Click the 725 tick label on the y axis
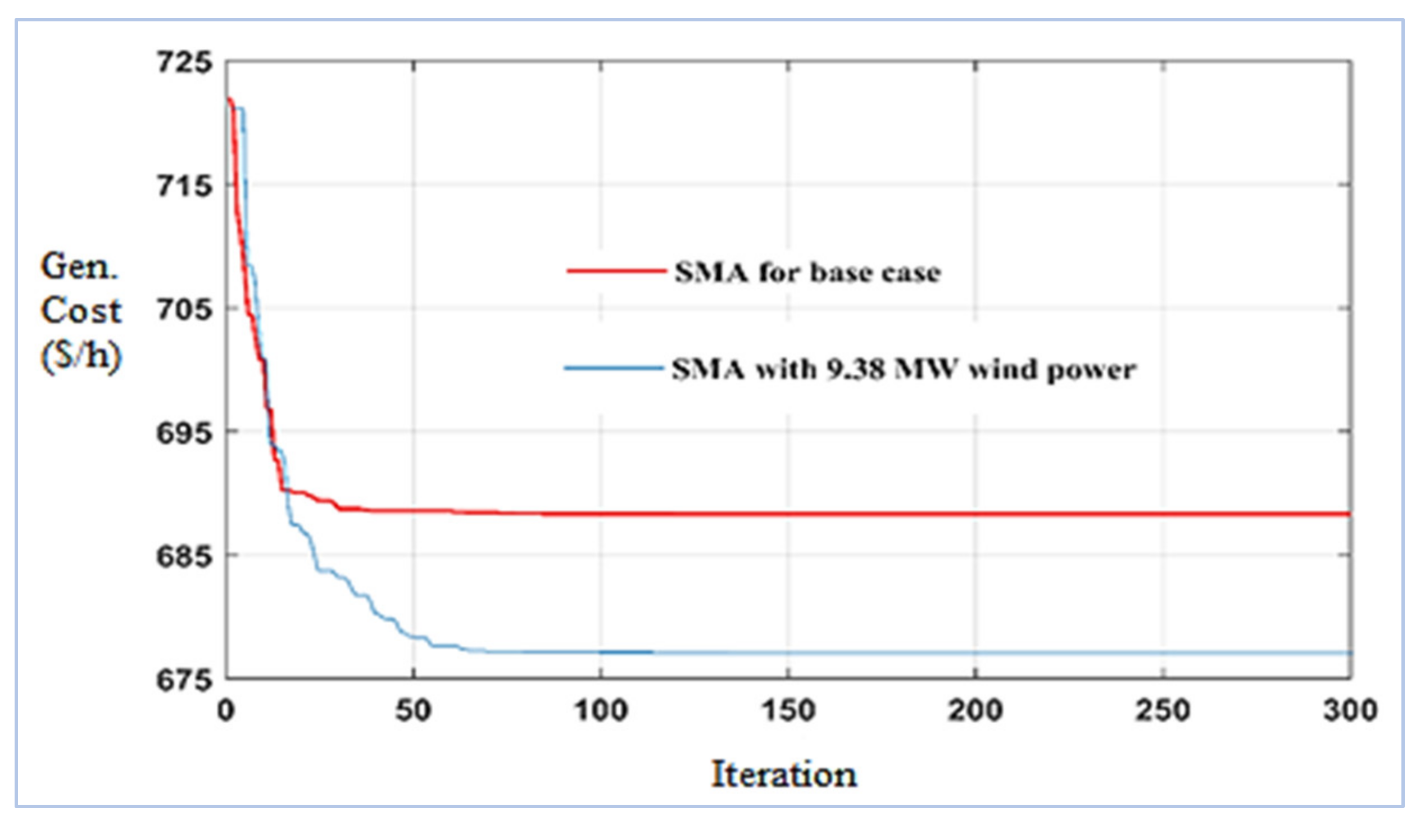tap(184, 62)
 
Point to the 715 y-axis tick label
tap(184, 185)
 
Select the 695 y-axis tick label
tap(184, 433)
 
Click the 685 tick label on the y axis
tap(184, 556)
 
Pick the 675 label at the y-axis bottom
tap(184, 679)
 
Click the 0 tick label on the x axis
tap(226, 710)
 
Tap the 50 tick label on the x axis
tap(414, 710)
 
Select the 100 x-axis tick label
tap(601, 710)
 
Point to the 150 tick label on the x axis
tap(788, 710)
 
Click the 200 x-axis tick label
tap(975, 710)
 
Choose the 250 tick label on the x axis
tap(1163, 710)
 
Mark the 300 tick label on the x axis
tap(1350, 710)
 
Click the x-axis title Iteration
tap(784, 774)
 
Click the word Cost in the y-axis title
tap(81, 311)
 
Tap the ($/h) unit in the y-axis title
tap(81, 356)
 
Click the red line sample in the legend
tap(616, 271)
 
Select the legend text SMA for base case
tap(807, 273)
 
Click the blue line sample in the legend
tap(614, 369)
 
